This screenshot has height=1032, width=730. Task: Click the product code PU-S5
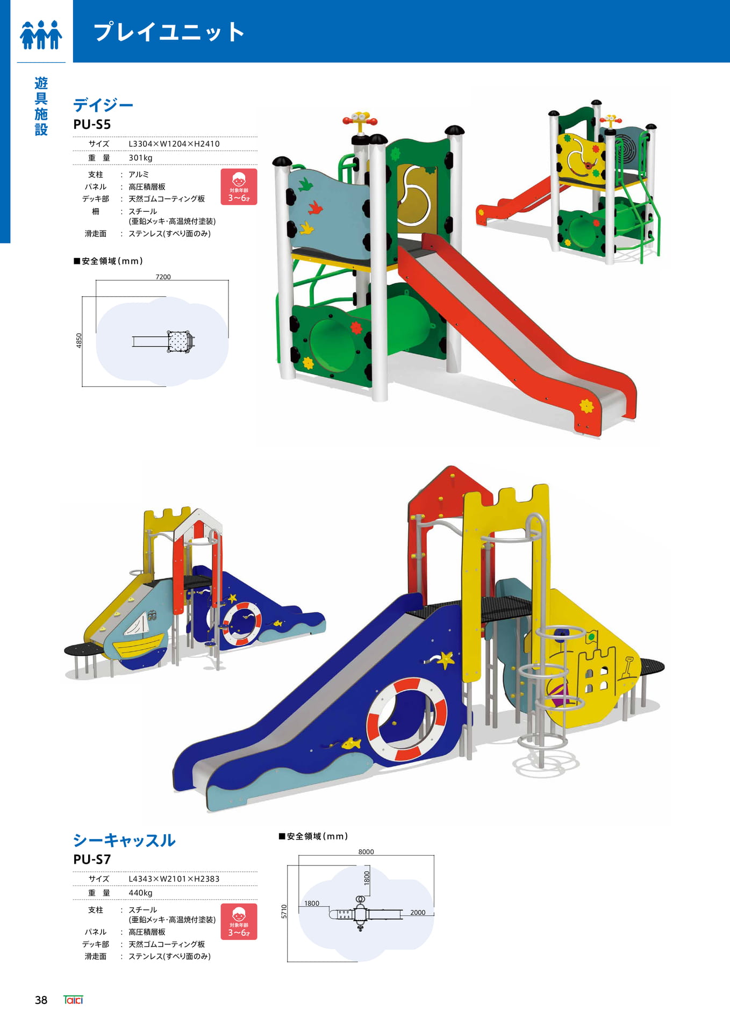92,124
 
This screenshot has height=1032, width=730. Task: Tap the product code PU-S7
92,859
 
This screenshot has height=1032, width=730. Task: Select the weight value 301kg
140,158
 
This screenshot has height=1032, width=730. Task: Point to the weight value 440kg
140,893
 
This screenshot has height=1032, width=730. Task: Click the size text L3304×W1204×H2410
174,144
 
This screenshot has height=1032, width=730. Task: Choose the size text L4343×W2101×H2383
174,879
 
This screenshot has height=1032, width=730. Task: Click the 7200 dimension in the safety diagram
163,277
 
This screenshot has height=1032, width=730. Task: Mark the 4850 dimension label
79,340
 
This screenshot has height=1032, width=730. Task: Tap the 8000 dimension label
366,852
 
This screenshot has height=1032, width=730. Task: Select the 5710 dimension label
284,911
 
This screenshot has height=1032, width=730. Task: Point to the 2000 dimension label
418,912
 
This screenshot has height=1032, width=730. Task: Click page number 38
41,1000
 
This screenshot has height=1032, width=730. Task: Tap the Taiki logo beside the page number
73,1000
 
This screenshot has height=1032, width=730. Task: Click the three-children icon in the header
41,34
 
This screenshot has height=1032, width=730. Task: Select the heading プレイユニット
169,32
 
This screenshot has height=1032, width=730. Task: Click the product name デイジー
103,104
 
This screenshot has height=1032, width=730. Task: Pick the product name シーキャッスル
124,840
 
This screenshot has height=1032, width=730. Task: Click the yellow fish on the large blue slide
352,744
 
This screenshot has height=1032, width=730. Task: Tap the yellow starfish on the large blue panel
445,659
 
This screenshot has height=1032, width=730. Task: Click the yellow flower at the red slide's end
586,405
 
